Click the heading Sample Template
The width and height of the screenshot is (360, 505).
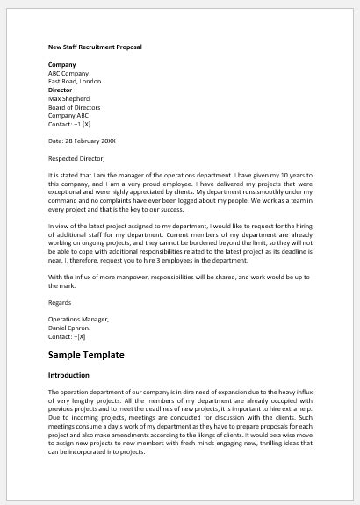[86, 355]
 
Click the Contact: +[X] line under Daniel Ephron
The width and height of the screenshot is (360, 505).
[73, 336]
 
